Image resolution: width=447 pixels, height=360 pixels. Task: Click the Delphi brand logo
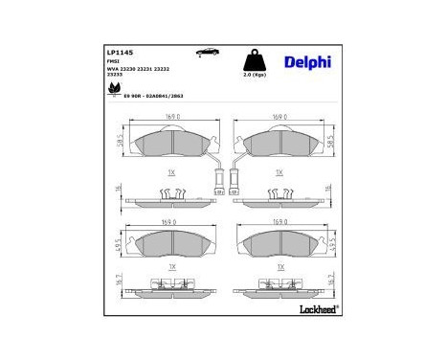(x=306, y=61)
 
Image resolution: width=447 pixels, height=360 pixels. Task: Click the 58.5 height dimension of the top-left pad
(x=120, y=141)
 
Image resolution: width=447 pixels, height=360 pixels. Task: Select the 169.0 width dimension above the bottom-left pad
(x=169, y=221)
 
